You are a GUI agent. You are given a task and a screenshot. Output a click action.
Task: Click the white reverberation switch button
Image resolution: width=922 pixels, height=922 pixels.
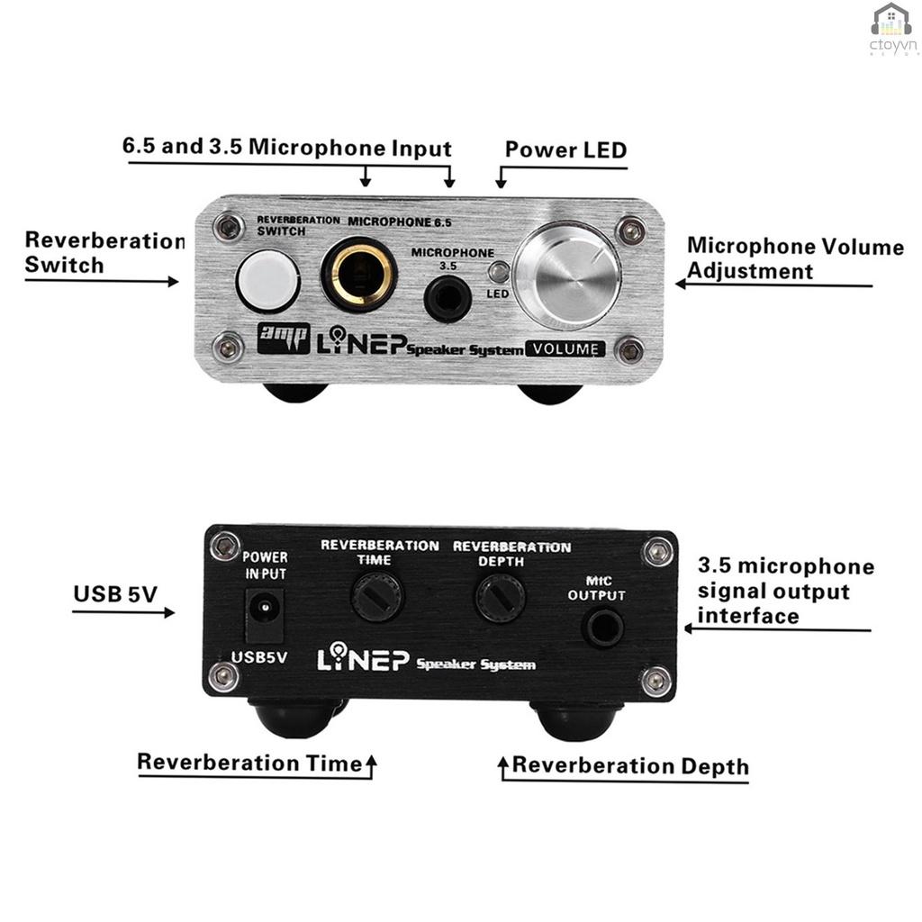[x=267, y=280]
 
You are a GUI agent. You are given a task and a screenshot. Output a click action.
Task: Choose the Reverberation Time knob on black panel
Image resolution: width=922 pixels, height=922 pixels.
[x=377, y=595]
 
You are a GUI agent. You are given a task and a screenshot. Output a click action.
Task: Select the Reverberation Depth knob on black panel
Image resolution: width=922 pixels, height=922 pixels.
[x=500, y=596]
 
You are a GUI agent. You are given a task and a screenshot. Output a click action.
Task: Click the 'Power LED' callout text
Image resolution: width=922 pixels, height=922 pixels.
[x=565, y=149]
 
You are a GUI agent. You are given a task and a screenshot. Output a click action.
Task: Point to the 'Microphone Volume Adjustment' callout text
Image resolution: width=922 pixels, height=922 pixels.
[x=794, y=258]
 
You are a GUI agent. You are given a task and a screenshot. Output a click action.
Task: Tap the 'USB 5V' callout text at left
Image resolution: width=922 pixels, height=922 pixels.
[x=114, y=594]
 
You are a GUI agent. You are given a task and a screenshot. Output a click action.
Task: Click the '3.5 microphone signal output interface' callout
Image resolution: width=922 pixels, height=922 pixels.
[x=785, y=591]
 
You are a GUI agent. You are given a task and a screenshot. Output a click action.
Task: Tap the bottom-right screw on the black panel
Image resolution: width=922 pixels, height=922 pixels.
[x=656, y=680]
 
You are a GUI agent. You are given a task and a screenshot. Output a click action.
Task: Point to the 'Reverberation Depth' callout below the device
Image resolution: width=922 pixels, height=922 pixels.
[x=630, y=766]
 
